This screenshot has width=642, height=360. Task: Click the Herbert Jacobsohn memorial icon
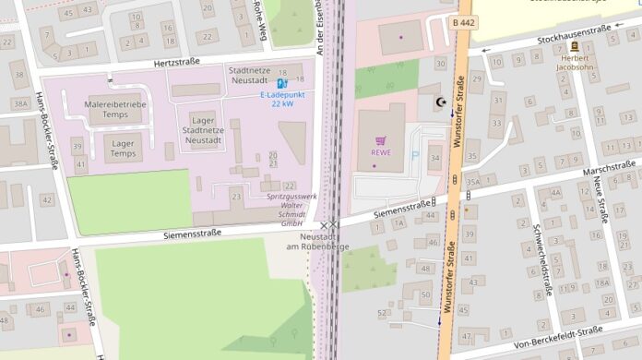click(x=575, y=46)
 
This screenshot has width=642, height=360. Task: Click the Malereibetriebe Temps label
click(x=115, y=110)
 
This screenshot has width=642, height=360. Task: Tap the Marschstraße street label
click(x=609, y=170)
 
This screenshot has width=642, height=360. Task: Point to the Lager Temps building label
click(x=123, y=148)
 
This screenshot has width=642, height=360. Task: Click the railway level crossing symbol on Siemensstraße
click(x=329, y=224)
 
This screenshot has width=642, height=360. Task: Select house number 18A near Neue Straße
click(x=601, y=283)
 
